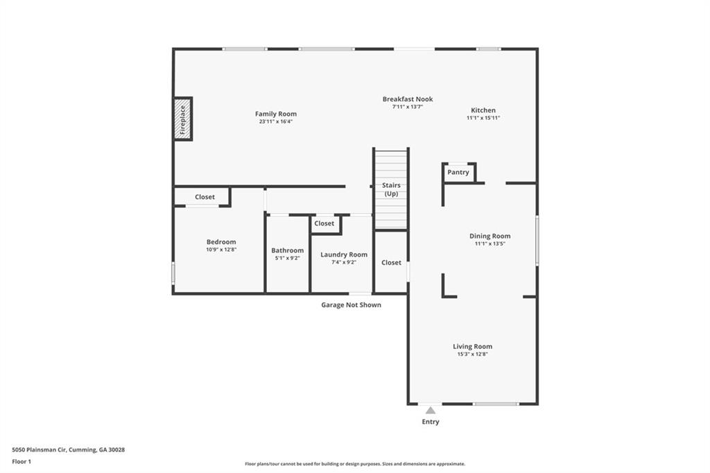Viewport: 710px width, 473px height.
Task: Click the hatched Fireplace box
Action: [183, 119]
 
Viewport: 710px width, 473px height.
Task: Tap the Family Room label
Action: [276, 114]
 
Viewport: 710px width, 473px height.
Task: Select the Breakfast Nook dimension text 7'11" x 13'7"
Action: [408, 107]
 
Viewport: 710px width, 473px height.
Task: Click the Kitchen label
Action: [483, 110]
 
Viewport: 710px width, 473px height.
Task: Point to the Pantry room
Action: [458, 173]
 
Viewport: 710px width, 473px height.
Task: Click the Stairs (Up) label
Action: [391, 189]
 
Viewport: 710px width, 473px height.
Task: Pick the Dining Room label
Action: [490, 236]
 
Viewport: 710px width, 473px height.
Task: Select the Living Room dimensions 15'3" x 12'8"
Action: [472, 354]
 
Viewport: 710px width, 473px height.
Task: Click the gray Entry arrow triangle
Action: [431, 410]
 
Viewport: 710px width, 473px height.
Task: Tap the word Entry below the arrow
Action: [431, 422]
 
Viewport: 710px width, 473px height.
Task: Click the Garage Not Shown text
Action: [351, 305]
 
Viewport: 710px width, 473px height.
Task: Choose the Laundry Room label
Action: [344, 255]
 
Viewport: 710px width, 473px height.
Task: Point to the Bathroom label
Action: [288, 250]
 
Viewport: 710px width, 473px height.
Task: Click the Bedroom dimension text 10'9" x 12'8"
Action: [221, 250]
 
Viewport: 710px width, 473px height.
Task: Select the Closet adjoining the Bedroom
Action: [205, 197]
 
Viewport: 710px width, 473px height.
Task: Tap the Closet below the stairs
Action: [391, 263]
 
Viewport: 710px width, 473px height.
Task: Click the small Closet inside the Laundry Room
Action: [324, 224]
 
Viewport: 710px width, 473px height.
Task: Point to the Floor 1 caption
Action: [21, 462]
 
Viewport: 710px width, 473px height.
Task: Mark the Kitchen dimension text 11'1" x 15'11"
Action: [483, 118]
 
